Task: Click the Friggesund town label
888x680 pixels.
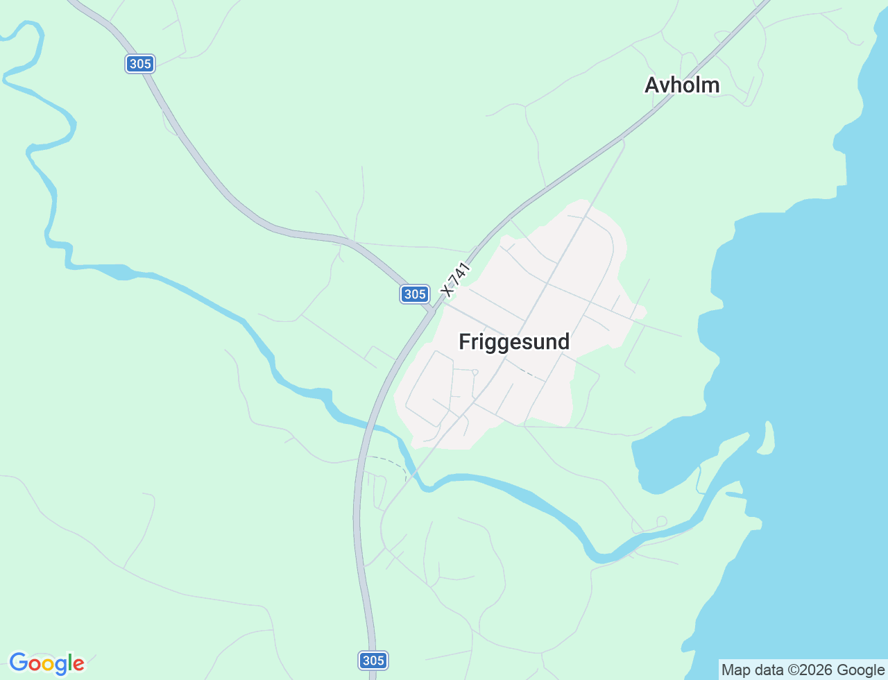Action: pyautogui.click(x=514, y=341)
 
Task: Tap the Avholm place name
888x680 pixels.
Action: pyautogui.click(x=682, y=85)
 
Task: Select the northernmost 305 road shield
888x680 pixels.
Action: pyautogui.click(x=140, y=64)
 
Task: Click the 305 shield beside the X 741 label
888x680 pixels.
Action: pyautogui.click(x=415, y=294)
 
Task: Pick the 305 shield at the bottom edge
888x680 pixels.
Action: pyautogui.click(x=373, y=660)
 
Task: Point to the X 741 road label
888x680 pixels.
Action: pyautogui.click(x=455, y=280)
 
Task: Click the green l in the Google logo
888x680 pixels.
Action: pyautogui.click(x=71, y=663)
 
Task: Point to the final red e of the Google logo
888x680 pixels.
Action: pyautogui.click(x=79, y=665)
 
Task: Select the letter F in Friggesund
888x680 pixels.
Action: pyautogui.click(x=464, y=341)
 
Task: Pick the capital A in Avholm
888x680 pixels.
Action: pyautogui.click(x=651, y=85)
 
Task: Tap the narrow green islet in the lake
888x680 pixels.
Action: pyautogui.click(x=767, y=437)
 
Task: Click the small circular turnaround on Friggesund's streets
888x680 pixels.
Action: pyautogui.click(x=475, y=372)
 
